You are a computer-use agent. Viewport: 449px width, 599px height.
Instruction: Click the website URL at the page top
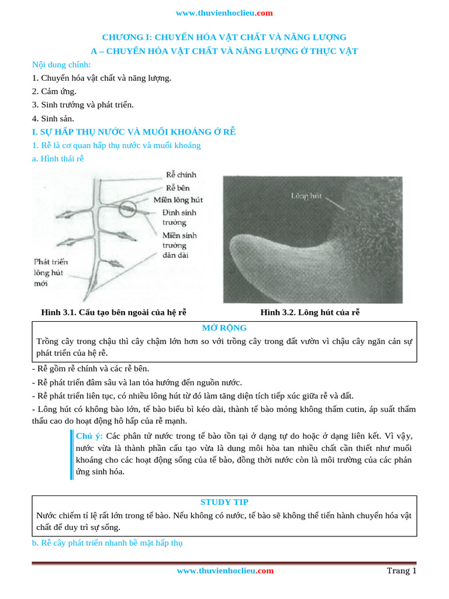click(224, 13)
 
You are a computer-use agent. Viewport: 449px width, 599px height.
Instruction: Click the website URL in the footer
click(224, 571)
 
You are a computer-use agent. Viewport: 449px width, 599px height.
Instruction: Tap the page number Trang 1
click(401, 571)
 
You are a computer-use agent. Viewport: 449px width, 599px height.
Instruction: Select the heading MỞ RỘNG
click(224, 328)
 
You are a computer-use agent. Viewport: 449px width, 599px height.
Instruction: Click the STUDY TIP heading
click(224, 502)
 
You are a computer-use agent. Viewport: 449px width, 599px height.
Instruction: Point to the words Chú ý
click(89, 436)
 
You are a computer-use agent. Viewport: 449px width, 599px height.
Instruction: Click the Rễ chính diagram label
click(181, 175)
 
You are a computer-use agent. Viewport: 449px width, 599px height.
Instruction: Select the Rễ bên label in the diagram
click(178, 188)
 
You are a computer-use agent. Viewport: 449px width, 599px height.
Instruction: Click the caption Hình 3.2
click(310, 312)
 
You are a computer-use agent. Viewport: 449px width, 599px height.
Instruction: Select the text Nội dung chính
click(61, 64)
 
